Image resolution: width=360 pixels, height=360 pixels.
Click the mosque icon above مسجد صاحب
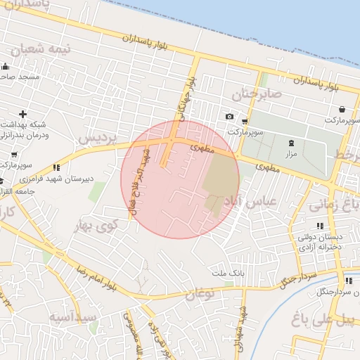[x=6, y=66]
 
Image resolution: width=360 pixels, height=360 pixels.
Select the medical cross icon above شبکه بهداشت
[x=23, y=114]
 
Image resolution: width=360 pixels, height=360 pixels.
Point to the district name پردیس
[x=96, y=138]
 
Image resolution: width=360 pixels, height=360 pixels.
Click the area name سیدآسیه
[x=72, y=317]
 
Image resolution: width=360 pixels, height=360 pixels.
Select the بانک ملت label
[x=226, y=271]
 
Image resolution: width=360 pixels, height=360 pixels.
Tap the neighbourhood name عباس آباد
[x=250, y=201]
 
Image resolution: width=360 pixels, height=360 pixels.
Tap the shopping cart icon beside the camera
[x=244, y=120]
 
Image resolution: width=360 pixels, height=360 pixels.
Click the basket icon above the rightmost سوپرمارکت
[x=342, y=110]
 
